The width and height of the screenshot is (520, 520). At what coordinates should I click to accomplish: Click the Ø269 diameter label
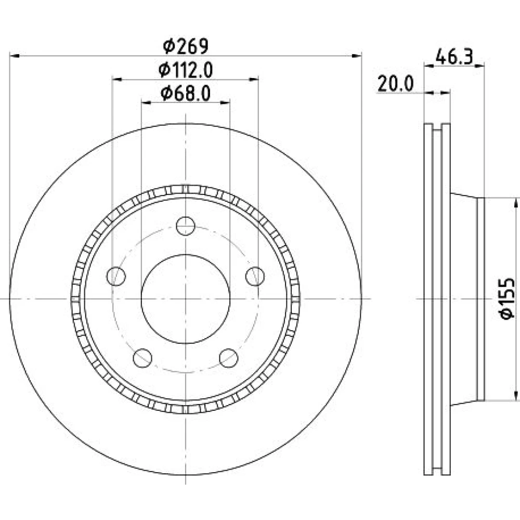(x=186, y=46)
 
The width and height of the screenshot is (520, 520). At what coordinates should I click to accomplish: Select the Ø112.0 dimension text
(x=186, y=70)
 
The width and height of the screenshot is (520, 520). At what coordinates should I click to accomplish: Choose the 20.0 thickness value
(x=396, y=84)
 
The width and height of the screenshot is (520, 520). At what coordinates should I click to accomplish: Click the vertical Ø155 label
(x=508, y=298)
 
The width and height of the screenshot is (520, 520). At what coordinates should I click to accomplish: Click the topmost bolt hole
(x=186, y=226)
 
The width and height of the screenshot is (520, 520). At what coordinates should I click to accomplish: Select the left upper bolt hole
(x=116, y=276)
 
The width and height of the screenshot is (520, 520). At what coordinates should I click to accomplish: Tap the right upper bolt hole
(x=255, y=276)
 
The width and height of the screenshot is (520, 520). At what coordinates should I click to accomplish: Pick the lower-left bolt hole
(x=142, y=358)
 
